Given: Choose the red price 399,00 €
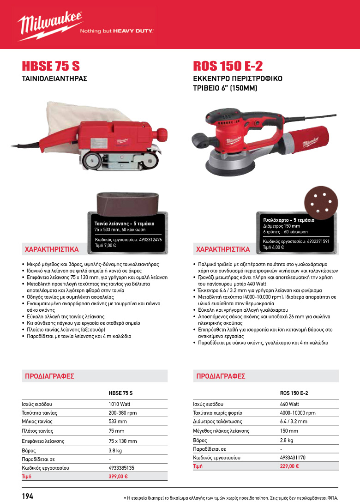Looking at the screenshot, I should [118, 476].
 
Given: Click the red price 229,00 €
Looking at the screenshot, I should [289, 466].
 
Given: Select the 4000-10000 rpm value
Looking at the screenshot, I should [298, 412].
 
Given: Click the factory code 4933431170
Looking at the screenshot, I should [293, 457].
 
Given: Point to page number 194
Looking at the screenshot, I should [28, 496].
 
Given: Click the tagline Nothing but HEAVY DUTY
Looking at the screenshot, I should [117, 31].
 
